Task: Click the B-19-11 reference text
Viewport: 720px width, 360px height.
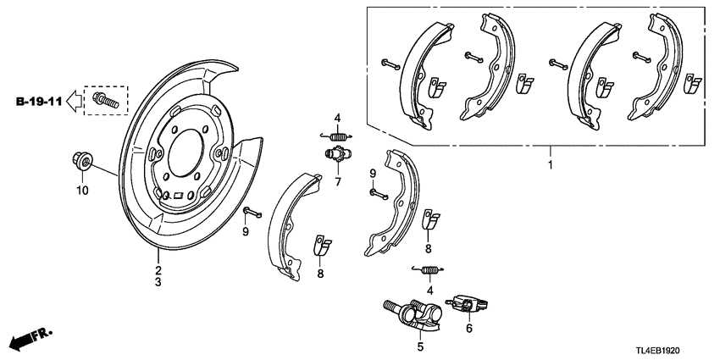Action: tap(37, 102)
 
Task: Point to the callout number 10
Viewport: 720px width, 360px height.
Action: tap(82, 191)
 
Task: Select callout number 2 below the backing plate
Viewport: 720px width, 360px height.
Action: tap(158, 270)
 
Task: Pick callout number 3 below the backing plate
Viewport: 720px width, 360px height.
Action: tap(158, 283)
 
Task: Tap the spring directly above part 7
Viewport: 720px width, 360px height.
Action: tap(336, 136)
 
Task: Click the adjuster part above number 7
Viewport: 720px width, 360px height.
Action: tap(336, 155)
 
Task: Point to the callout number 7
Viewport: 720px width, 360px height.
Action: tap(336, 180)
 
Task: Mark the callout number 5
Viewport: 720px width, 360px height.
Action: tap(420, 346)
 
